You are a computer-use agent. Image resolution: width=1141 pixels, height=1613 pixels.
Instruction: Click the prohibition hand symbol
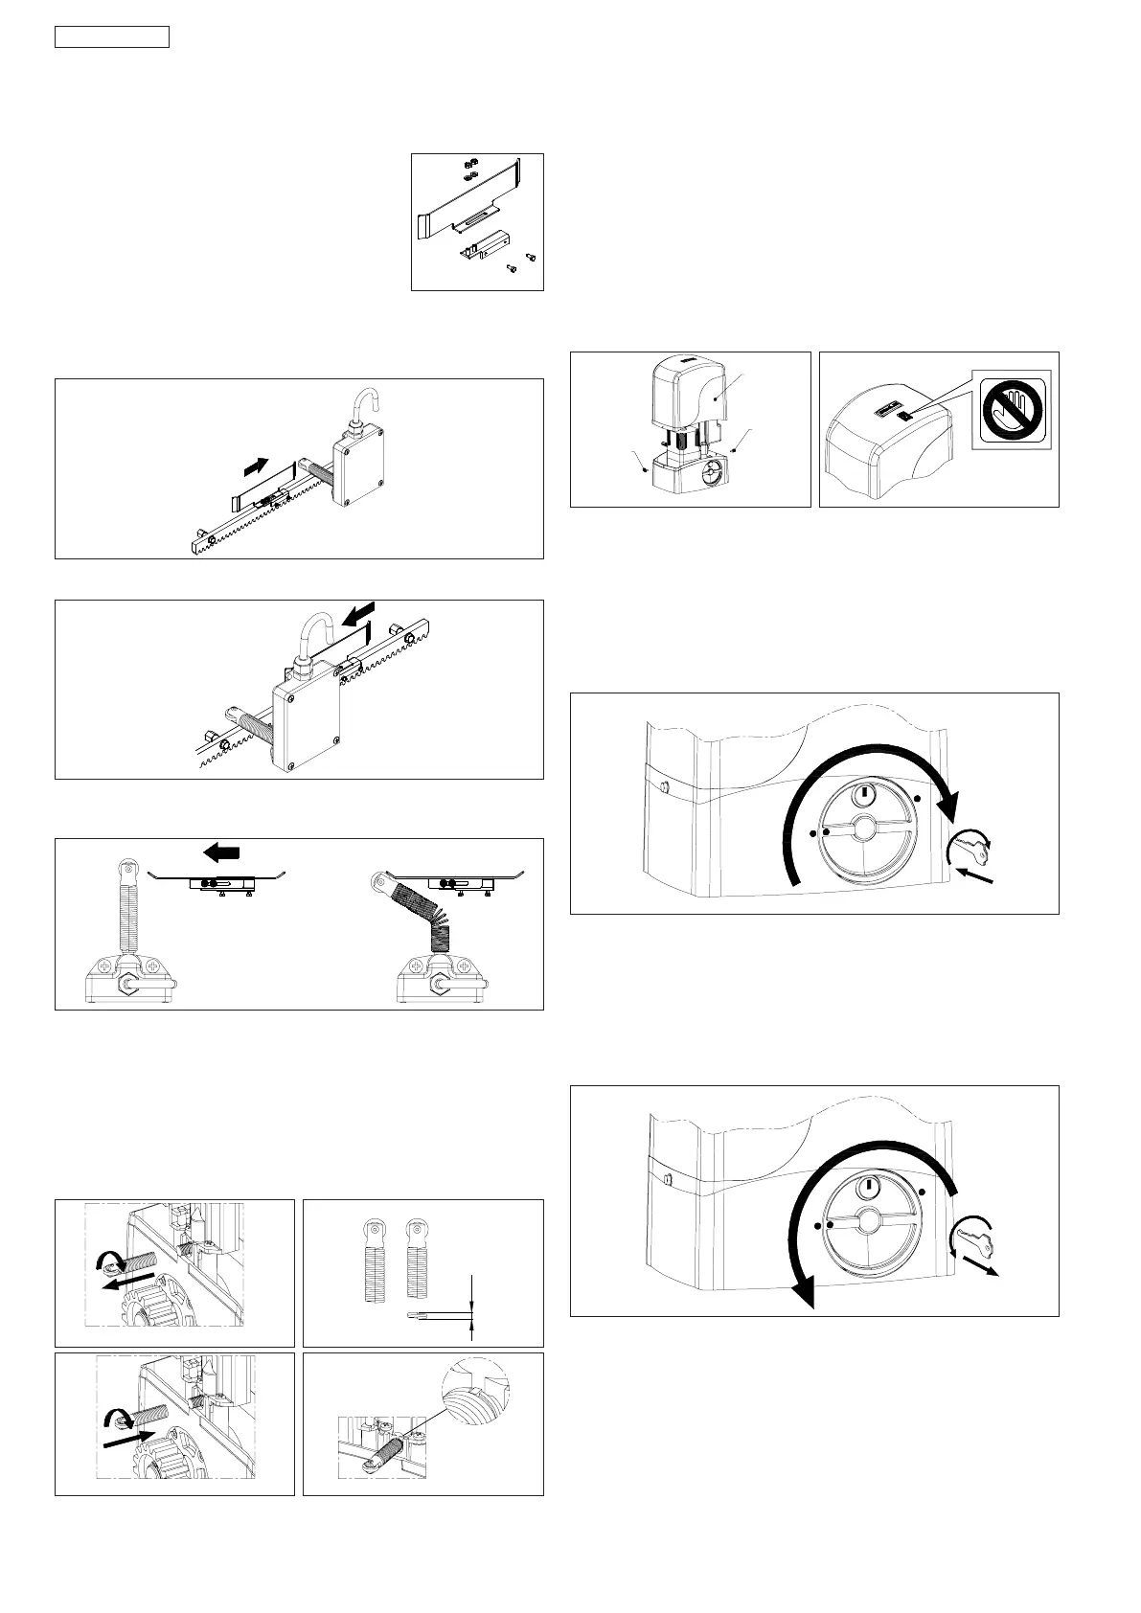[1015, 406]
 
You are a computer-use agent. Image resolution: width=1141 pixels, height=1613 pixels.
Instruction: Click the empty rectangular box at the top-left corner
[111, 37]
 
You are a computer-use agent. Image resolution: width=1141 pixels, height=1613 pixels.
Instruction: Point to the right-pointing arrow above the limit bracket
[257, 466]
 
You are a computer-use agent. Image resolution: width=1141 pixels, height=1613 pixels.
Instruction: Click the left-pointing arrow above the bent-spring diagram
[222, 851]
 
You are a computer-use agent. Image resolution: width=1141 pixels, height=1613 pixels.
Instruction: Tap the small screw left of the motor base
[645, 469]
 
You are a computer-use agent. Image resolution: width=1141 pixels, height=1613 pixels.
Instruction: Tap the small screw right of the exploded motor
[733, 448]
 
